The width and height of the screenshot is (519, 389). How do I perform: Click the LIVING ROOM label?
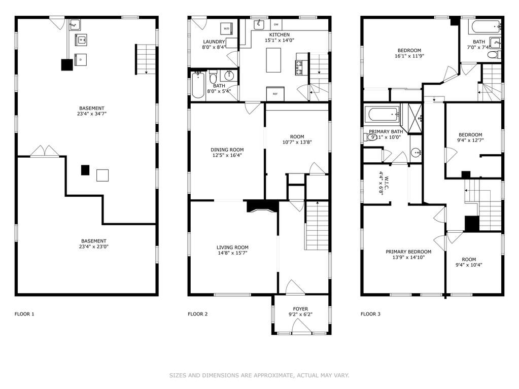[x=232, y=247]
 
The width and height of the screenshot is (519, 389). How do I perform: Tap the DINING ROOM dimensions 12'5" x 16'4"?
[x=227, y=155]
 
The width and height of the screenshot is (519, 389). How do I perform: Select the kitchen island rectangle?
[x=274, y=60]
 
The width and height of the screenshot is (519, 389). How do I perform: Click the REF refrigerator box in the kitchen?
[x=275, y=94]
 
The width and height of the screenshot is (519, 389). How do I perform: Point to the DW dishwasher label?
[x=276, y=25]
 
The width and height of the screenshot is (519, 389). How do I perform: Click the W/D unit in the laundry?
[x=227, y=28]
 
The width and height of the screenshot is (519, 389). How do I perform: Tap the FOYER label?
[x=300, y=309]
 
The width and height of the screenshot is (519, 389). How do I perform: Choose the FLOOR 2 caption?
[x=197, y=314]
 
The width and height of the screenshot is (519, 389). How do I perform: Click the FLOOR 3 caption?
[x=370, y=314]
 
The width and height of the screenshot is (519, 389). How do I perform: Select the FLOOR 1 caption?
[x=24, y=314]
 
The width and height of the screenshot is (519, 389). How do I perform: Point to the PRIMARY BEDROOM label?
[x=408, y=252]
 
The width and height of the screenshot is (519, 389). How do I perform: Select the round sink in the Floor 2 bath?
[x=229, y=76]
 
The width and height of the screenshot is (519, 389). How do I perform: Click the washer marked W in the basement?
[x=81, y=40]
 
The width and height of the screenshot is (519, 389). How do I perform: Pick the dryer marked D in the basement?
[x=81, y=60]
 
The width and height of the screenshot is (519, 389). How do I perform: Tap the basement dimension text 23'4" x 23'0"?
[x=94, y=246]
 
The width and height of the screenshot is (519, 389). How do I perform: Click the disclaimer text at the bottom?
[x=259, y=375]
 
